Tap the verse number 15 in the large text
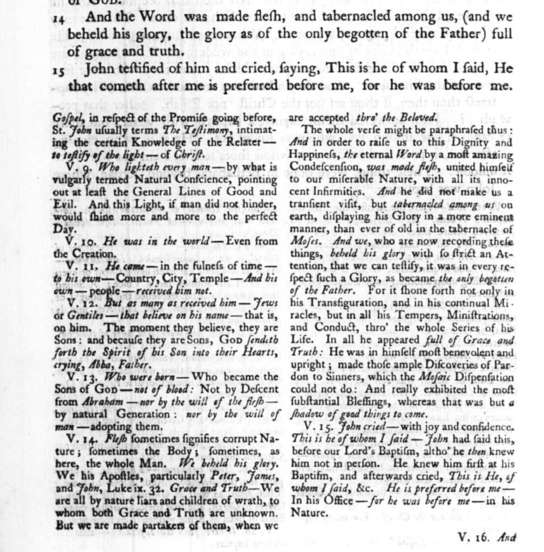[58, 71]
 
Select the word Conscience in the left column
[203, 180]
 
